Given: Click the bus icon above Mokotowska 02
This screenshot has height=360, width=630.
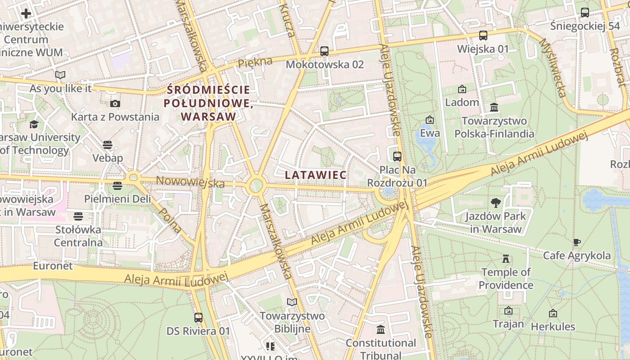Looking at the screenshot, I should [x=324, y=51].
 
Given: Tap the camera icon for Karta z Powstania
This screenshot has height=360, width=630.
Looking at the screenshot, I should [x=115, y=104].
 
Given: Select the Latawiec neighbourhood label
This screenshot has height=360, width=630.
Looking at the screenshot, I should [x=316, y=175].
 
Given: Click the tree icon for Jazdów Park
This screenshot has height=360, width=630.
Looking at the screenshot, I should [x=496, y=203].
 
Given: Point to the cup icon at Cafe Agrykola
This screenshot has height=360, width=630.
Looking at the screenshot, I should [x=577, y=243].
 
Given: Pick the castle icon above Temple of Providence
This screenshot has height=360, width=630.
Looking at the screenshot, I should [x=506, y=259].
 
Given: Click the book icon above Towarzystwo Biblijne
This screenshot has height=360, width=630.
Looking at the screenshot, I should [x=292, y=302].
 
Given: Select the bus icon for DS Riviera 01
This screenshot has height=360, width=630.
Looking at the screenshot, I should [x=198, y=318].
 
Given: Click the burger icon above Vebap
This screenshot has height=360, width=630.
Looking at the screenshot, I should [x=108, y=145].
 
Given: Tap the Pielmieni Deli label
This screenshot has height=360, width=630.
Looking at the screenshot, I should [x=117, y=199].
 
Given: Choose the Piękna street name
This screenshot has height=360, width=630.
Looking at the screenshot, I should [x=255, y=62].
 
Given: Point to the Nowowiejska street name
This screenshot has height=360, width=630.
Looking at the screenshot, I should [x=190, y=182].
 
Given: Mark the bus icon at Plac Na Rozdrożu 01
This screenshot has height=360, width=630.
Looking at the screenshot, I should [x=397, y=157].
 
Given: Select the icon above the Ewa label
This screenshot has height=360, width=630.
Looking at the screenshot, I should [x=430, y=120].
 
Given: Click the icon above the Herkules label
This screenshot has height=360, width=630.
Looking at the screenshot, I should [x=553, y=313].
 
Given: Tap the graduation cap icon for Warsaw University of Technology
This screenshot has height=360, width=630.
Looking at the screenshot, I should [x=34, y=124].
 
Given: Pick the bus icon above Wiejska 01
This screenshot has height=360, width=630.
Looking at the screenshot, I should [x=483, y=36].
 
